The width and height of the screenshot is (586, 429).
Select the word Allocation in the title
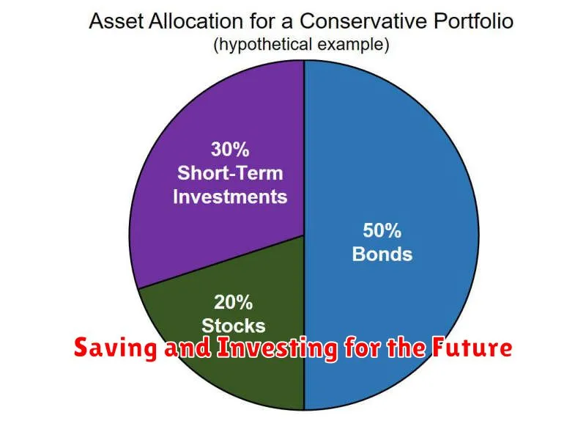tap(196, 21)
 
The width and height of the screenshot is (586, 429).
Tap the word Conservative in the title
tap(363, 21)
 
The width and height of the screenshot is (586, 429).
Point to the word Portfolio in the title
tap(473, 21)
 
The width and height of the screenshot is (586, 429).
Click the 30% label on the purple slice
tap(230, 150)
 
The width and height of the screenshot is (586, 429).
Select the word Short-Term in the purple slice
tap(230, 173)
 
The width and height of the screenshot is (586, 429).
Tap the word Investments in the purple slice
tap(230, 197)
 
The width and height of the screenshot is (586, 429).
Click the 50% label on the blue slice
tap(382, 230)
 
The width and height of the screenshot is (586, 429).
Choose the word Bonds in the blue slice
tap(382, 254)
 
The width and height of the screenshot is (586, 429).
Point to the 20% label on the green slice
tap(233, 302)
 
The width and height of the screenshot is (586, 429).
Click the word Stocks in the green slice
tap(234, 326)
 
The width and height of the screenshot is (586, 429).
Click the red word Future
tap(472, 348)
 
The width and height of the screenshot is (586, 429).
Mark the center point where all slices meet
tap(304, 235)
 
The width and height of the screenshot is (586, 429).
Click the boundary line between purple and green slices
tap(221, 263)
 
